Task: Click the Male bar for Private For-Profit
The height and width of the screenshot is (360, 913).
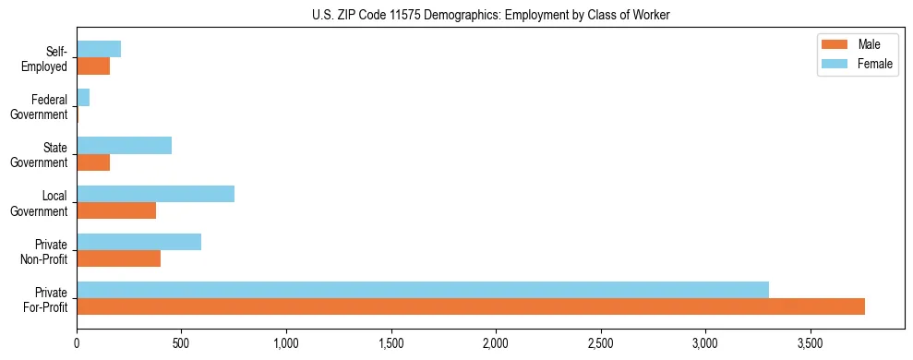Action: pyautogui.click(x=471, y=306)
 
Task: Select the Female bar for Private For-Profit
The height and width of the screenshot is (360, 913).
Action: pyautogui.click(x=423, y=290)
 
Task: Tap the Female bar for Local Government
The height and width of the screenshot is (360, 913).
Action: pyautogui.click(x=155, y=194)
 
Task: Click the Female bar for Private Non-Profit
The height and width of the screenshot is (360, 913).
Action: pyautogui.click(x=138, y=242)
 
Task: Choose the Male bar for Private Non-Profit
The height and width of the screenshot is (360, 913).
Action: pyautogui.click(x=118, y=258)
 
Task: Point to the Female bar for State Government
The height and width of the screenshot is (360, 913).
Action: pyautogui.click(x=124, y=146)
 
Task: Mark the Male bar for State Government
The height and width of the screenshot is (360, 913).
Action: pyautogui.click(x=93, y=162)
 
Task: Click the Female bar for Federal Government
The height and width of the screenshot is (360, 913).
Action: pyautogui.click(x=83, y=98)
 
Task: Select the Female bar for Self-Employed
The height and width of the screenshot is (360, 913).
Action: pyautogui.click(x=99, y=50)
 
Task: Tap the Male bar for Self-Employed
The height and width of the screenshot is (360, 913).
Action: pyautogui.click(x=93, y=66)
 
